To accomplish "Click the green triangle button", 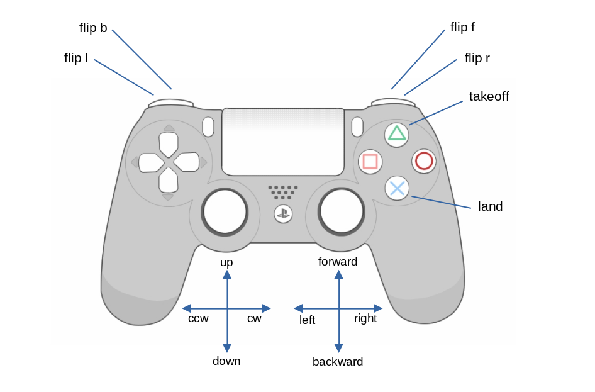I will tap(397, 133).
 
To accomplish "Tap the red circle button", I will tap(424, 161).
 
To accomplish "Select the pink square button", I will tap(370, 162).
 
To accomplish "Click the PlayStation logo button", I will tap(283, 213).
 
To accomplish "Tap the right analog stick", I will tap(342, 211).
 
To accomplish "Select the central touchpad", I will tap(282, 142).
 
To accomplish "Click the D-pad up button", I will tap(169, 143).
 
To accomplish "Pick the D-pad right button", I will tap(187, 162).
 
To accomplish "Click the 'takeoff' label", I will tap(489, 96).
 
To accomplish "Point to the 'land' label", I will tap(490, 206).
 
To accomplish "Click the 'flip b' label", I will tap(93, 28).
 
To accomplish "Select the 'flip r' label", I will tap(477, 59).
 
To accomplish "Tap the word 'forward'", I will tap(338, 262).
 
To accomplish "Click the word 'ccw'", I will tap(198, 318).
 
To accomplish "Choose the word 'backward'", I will tap(338, 362).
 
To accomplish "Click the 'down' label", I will tap(226, 361).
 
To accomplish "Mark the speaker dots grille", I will tap(283, 192).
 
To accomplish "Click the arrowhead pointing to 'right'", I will tap(378, 308).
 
